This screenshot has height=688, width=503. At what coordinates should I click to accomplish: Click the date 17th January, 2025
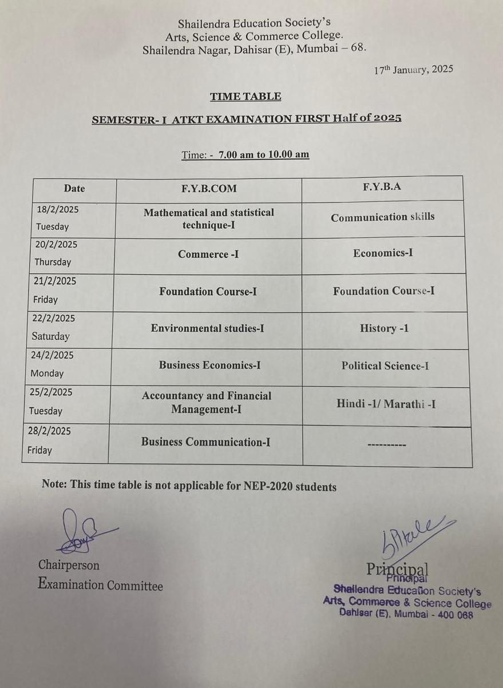point(413,70)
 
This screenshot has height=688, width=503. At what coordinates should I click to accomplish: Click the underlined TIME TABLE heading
point(245,97)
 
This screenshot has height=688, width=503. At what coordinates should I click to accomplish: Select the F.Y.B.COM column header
point(208,188)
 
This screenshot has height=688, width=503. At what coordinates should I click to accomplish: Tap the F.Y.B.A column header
point(382,186)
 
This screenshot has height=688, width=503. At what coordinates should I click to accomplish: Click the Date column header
point(74,188)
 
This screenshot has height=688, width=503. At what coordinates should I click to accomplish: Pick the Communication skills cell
point(382,217)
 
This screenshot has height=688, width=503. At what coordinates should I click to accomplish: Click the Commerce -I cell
point(208,254)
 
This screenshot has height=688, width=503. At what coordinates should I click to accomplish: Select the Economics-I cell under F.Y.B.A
point(383,253)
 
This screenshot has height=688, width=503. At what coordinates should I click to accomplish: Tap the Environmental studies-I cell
point(207,328)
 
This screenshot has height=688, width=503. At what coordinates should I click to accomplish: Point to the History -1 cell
point(384,328)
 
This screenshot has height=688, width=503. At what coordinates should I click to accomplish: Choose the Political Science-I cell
point(385,366)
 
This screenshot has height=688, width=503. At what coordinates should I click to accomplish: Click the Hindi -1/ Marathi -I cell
point(386,404)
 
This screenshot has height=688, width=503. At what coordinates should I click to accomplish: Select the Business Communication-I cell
point(206,442)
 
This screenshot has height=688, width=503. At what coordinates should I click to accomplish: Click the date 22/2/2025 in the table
point(53,319)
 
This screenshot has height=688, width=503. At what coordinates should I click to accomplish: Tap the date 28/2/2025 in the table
point(49,431)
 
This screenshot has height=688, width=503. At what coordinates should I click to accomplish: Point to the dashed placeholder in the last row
point(386,444)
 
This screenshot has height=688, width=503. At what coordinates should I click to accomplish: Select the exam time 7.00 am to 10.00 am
point(264,154)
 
